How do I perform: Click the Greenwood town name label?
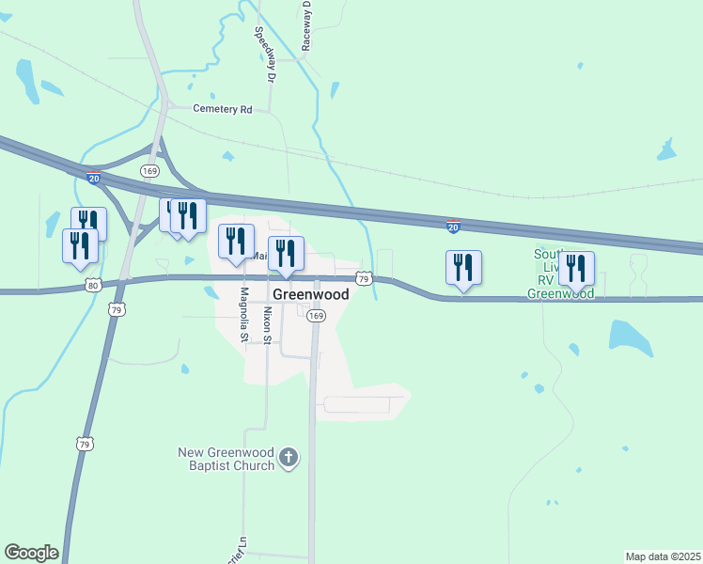pos(311,294)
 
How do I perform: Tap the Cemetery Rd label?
pos(223,109)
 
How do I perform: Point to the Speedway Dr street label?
pos(264,54)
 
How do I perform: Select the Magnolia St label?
pos(243,314)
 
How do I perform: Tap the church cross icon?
pos(289,459)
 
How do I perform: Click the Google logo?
pos(31,553)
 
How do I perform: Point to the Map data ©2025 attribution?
pos(662,556)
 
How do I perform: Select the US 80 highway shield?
pos(91,284)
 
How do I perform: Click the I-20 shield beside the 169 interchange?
pos(93,176)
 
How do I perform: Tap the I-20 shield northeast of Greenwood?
pos(453,227)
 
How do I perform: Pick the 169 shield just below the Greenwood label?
pos(316,317)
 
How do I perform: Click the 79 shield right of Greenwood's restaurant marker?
pos(365,278)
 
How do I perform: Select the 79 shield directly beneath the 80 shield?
pos(117,308)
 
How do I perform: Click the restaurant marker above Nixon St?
pos(286,252)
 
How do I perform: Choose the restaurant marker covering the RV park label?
pos(576,268)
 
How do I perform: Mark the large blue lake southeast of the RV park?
pos(631,337)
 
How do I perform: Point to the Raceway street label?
pos(307,25)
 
